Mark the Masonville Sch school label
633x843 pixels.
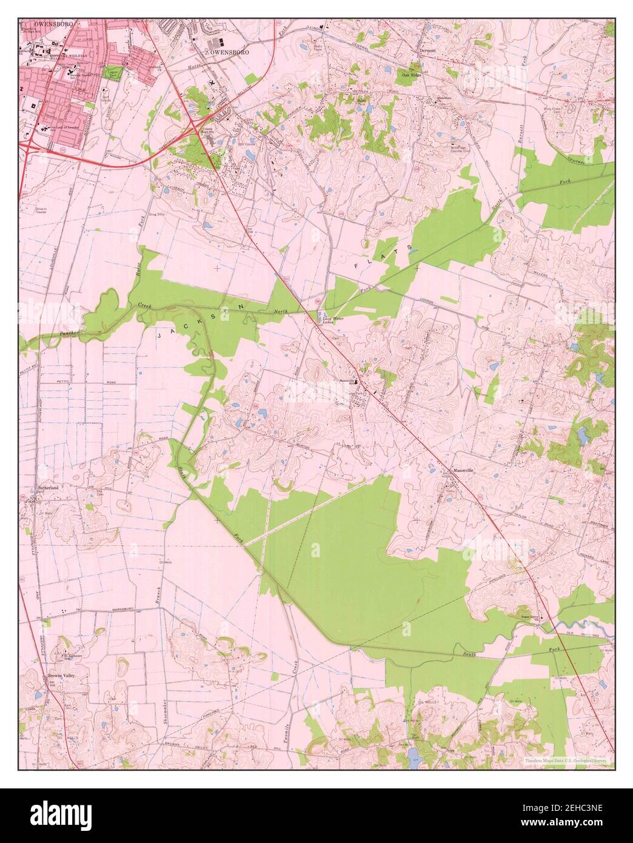pos(347,381)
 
